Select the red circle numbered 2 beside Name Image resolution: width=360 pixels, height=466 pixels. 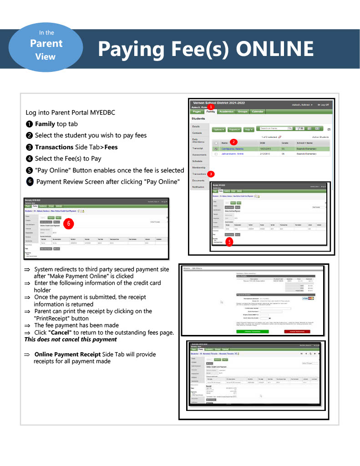point(233,142)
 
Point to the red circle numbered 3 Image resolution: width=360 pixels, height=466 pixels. point(211,173)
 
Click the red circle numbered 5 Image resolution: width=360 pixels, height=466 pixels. point(229,242)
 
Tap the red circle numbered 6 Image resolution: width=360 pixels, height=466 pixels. point(68,223)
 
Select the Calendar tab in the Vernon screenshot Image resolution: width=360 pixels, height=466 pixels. point(258,111)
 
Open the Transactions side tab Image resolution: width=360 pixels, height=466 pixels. point(199,174)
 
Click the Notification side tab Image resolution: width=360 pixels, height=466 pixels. point(198,187)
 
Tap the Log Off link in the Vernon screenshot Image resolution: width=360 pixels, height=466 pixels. point(323,105)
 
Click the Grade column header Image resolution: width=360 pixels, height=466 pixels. point(285,143)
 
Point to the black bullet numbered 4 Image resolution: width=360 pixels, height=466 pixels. point(30,158)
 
